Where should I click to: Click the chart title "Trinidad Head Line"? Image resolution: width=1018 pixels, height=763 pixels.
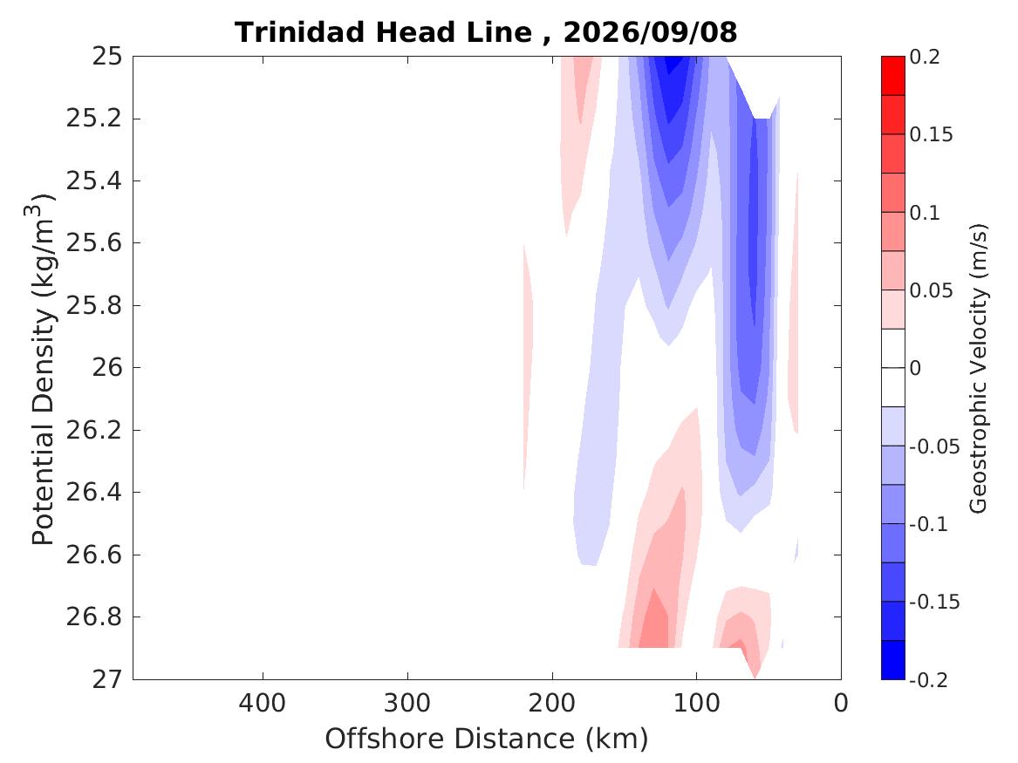tap(383, 31)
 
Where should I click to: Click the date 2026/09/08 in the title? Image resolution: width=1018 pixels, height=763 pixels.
tap(650, 31)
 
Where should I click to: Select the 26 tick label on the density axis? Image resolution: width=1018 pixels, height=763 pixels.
tap(107, 368)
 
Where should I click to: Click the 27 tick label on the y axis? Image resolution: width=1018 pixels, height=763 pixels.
tap(107, 679)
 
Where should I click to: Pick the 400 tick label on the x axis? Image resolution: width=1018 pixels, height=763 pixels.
tap(263, 703)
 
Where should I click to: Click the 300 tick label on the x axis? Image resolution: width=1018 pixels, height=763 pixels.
tap(407, 703)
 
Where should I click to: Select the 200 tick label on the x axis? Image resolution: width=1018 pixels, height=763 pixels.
tap(552, 703)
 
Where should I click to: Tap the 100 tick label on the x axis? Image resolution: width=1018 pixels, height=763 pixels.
tap(697, 703)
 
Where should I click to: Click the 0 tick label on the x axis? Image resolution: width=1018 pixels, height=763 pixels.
tap(841, 703)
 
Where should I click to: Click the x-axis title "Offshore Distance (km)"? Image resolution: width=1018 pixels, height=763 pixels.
tap(486, 739)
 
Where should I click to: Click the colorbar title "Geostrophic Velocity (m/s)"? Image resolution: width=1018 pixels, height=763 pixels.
tap(978, 369)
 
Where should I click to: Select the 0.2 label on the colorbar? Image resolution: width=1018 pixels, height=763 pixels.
tap(925, 57)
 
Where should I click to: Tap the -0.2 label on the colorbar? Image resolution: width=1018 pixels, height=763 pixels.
tap(929, 680)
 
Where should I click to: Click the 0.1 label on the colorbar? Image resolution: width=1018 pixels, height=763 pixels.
tap(925, 213)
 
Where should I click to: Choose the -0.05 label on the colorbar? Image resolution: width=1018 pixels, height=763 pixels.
tap(934, 446)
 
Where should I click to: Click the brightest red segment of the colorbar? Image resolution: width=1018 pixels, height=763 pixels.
tap(892, 76)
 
